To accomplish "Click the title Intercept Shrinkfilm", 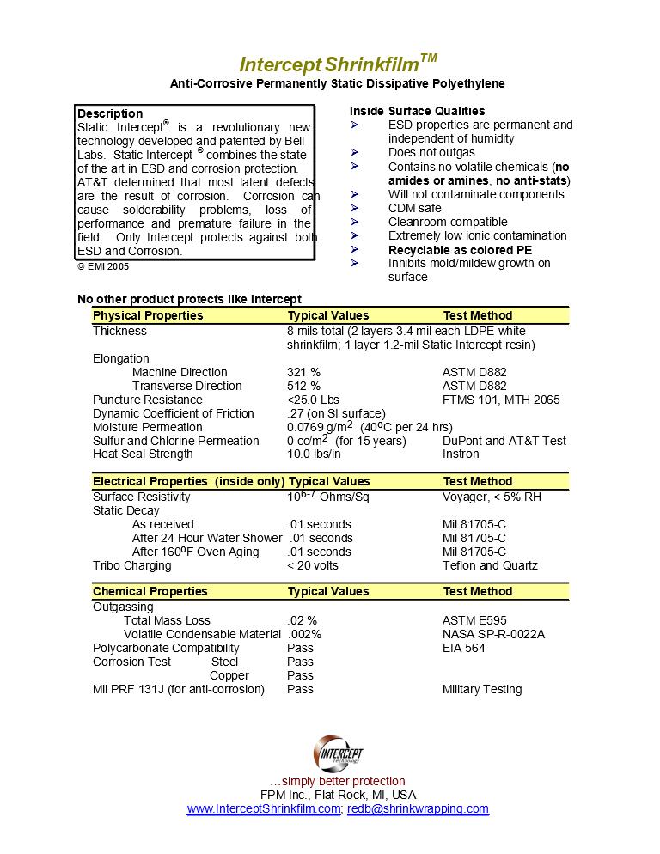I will pos(337,64).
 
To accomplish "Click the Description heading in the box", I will pos(110,113).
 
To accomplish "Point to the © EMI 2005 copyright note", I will pos(103,267).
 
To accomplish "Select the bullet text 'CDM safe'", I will pos(414,208).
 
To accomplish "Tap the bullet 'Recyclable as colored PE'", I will pos(460,249).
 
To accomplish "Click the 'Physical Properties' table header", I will pos(148,315).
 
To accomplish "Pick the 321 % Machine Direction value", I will pos(303,372).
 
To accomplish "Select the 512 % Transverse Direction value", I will pos(303,386).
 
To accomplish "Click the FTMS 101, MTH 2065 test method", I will pos(501,400).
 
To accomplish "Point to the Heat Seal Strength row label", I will pos(143,454).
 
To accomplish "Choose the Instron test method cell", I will pos(461,454).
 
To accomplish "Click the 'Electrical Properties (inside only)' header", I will pos(188,481).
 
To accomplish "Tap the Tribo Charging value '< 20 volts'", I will pos(313,565).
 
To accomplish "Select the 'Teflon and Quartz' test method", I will pos(490,565).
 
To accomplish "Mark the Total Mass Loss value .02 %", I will pos(302,620).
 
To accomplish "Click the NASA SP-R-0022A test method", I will pos(493,634).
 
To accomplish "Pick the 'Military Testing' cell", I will pos(482,689).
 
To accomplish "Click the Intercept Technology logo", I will pos(338,753).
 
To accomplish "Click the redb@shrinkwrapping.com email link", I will pos(418,809).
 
